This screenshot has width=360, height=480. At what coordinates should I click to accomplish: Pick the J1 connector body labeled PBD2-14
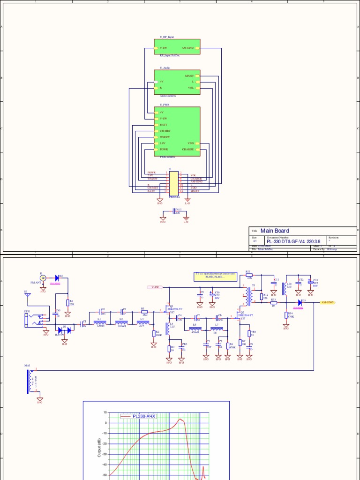[173, 182]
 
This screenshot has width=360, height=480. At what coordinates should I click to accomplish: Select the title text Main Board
[275, 231]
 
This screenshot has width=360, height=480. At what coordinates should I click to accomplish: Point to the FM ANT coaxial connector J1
[43, 278]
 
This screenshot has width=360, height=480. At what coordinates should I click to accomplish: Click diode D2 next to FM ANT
[57, 277]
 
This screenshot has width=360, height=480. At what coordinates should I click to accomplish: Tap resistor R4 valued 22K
[68, 302]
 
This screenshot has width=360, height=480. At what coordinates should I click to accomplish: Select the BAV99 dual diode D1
[64, 330]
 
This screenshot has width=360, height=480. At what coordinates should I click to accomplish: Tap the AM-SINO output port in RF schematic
[327, 303]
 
